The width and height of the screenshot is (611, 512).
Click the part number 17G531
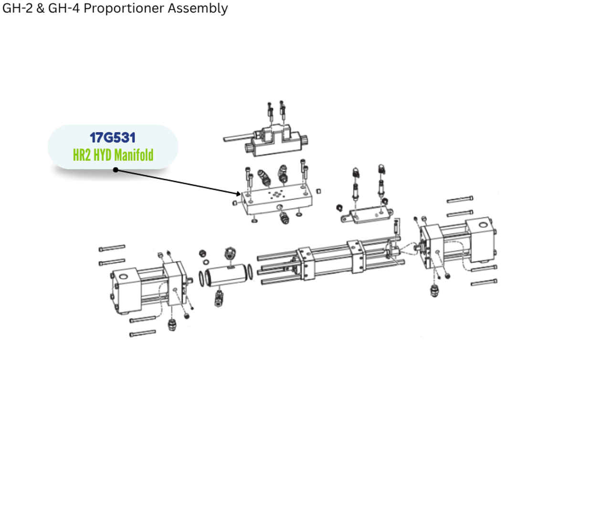[x=113, y=137]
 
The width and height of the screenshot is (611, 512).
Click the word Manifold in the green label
[x=134, y=155]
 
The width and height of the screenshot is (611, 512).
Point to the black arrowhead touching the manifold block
[x=239, y=193]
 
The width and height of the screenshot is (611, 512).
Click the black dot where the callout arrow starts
[x=116, y=169]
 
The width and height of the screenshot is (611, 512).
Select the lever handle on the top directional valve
[x=236, y=138]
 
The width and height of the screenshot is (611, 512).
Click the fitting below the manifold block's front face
[x=284, y=219]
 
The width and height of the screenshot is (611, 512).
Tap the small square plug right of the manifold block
[x=319, y=191]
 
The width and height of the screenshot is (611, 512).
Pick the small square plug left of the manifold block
[x=235, y=203]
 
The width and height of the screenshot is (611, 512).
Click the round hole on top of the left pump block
[x=124, y=277]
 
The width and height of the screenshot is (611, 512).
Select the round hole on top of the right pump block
[x=483, y=224]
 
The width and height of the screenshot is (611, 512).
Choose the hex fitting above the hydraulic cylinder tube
[x=229, y=252]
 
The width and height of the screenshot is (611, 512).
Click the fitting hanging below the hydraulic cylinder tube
[x=219, y=298]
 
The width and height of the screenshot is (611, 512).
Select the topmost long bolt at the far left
[x=112, y=248]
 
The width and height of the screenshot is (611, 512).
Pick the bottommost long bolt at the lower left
[x=142, y=333]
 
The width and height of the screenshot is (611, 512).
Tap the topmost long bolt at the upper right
[x=460, y=199]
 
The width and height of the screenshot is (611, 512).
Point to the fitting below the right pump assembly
[x=434, y=290]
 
